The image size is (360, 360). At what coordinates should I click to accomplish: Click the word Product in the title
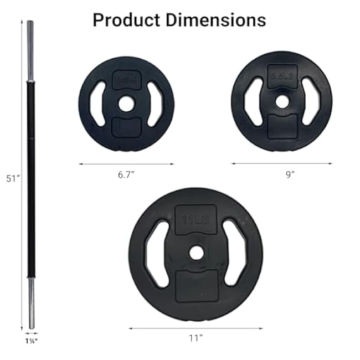coord(123,20)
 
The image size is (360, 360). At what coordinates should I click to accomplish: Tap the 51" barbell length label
coord(13,179)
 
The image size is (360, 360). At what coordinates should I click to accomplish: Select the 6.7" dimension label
coord(126,174)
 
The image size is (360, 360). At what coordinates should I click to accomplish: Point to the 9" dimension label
coord(290,174)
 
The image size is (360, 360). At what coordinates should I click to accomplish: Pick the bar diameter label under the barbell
coord(30,342)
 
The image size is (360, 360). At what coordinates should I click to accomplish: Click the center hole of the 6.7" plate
coord(126,104)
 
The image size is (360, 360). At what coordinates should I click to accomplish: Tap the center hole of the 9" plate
coord(282,101)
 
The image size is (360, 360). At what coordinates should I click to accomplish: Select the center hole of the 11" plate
coord(196,253)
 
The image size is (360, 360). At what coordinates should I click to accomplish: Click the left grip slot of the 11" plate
coord(157,253)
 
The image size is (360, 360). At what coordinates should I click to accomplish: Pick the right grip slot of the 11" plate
coord(235,253)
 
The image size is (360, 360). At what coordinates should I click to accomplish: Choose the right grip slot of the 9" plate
coord(311,101)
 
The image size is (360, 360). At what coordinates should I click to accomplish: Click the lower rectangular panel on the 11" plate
coord(196,285)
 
